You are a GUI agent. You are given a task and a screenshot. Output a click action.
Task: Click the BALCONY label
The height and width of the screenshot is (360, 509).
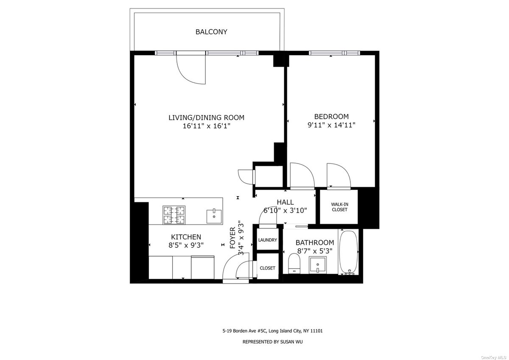211,32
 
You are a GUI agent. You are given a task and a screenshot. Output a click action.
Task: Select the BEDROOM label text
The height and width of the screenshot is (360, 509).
331,116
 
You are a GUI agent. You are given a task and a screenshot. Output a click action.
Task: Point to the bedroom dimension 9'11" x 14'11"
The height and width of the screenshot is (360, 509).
331,125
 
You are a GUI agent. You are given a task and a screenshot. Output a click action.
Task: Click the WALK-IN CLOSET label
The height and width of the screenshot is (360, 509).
339,207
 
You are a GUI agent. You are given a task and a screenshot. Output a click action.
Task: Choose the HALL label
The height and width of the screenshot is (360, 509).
285,202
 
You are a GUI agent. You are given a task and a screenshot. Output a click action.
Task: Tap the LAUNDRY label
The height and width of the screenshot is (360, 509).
268,240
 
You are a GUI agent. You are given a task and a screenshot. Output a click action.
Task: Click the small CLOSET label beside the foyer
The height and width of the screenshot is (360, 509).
268,268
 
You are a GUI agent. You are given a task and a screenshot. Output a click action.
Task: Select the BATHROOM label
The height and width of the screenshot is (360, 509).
314,242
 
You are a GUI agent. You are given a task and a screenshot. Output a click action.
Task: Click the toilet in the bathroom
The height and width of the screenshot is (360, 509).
294,263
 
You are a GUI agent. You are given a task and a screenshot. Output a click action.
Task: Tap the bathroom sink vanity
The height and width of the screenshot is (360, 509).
317,266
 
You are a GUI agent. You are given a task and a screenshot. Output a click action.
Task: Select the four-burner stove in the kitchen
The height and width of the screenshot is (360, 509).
174,215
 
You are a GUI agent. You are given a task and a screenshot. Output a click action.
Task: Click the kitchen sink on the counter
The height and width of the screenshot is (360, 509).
214,216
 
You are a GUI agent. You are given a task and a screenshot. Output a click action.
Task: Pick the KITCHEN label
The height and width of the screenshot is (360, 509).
186,237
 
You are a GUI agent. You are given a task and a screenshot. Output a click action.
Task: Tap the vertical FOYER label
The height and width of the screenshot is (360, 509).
233,238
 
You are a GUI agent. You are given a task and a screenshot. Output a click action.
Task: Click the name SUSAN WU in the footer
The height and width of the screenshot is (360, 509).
290,342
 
